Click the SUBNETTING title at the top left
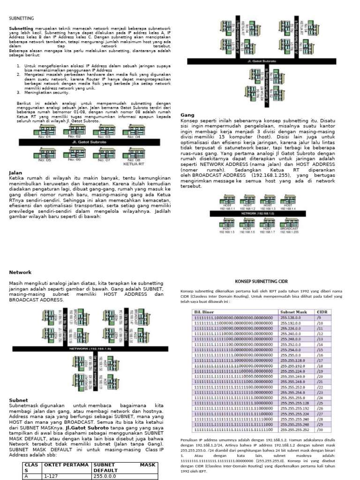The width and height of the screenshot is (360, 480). pos(22,18)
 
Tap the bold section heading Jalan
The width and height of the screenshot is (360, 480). pos(16,173)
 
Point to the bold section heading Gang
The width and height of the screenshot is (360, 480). pos(187,115)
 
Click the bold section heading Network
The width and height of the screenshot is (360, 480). pos(20,272)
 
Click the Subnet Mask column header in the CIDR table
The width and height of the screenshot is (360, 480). pos(293,311)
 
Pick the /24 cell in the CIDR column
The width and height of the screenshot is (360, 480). pos(321,397)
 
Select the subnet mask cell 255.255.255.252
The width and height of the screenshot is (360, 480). pos(294,429)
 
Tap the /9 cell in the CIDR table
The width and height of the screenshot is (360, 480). pos(320,317)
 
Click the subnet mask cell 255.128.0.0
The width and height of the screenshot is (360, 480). pos(291,317)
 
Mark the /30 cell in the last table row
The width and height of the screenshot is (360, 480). pos(321,429)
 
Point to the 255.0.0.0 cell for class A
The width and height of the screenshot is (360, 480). pos(105,476)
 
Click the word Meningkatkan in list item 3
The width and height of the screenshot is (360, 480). pos(35,93)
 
